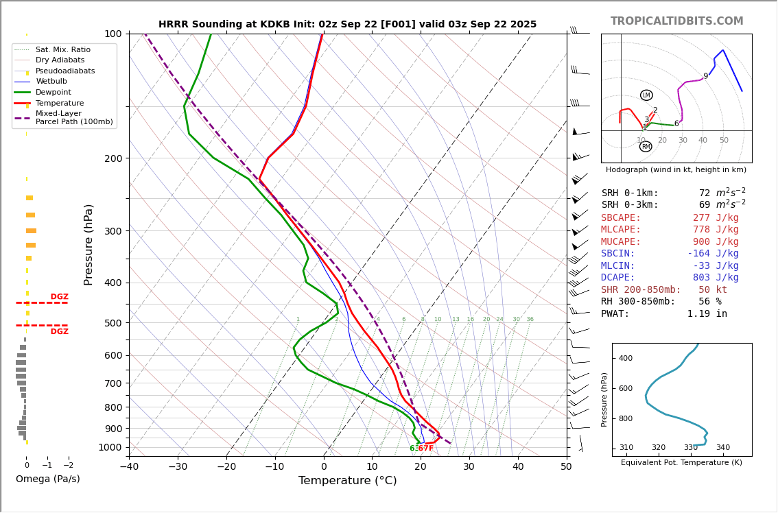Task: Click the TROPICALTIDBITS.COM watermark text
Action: pos(676,21)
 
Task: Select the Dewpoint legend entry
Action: pos(54,92)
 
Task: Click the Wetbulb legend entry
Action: pos(51,82)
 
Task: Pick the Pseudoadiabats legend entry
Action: pos(65,71)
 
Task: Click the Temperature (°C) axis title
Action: pos(347,481)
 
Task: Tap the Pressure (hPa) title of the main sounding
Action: pos(89,244)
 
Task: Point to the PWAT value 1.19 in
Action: pos(707,314)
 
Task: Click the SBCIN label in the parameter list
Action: pos(618,254)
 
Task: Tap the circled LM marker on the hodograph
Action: pos(646,95)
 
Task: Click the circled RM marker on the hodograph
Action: pos(646,147)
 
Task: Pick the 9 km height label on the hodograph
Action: pos(705,77)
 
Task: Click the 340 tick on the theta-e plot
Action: pos(723,448)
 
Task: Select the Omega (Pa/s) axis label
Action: pos(48,479)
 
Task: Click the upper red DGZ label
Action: pos(60,297)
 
